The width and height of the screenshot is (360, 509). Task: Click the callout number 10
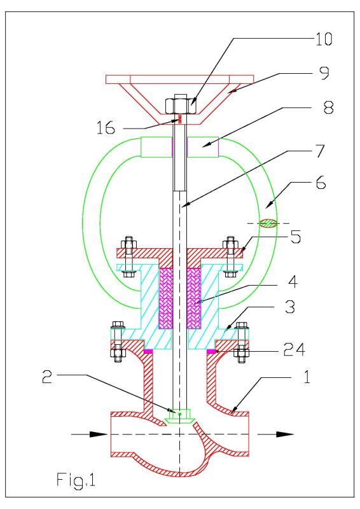324,39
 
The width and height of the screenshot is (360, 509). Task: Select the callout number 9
324,73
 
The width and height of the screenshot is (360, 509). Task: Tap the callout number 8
328,108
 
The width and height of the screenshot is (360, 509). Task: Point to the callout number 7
320,151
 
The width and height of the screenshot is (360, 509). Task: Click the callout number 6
321,183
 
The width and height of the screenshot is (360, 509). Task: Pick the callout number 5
295,237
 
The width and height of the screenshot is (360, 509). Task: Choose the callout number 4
293,281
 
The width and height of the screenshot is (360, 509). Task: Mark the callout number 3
290,307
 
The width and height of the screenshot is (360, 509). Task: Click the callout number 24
294,349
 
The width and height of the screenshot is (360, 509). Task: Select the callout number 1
307,377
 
